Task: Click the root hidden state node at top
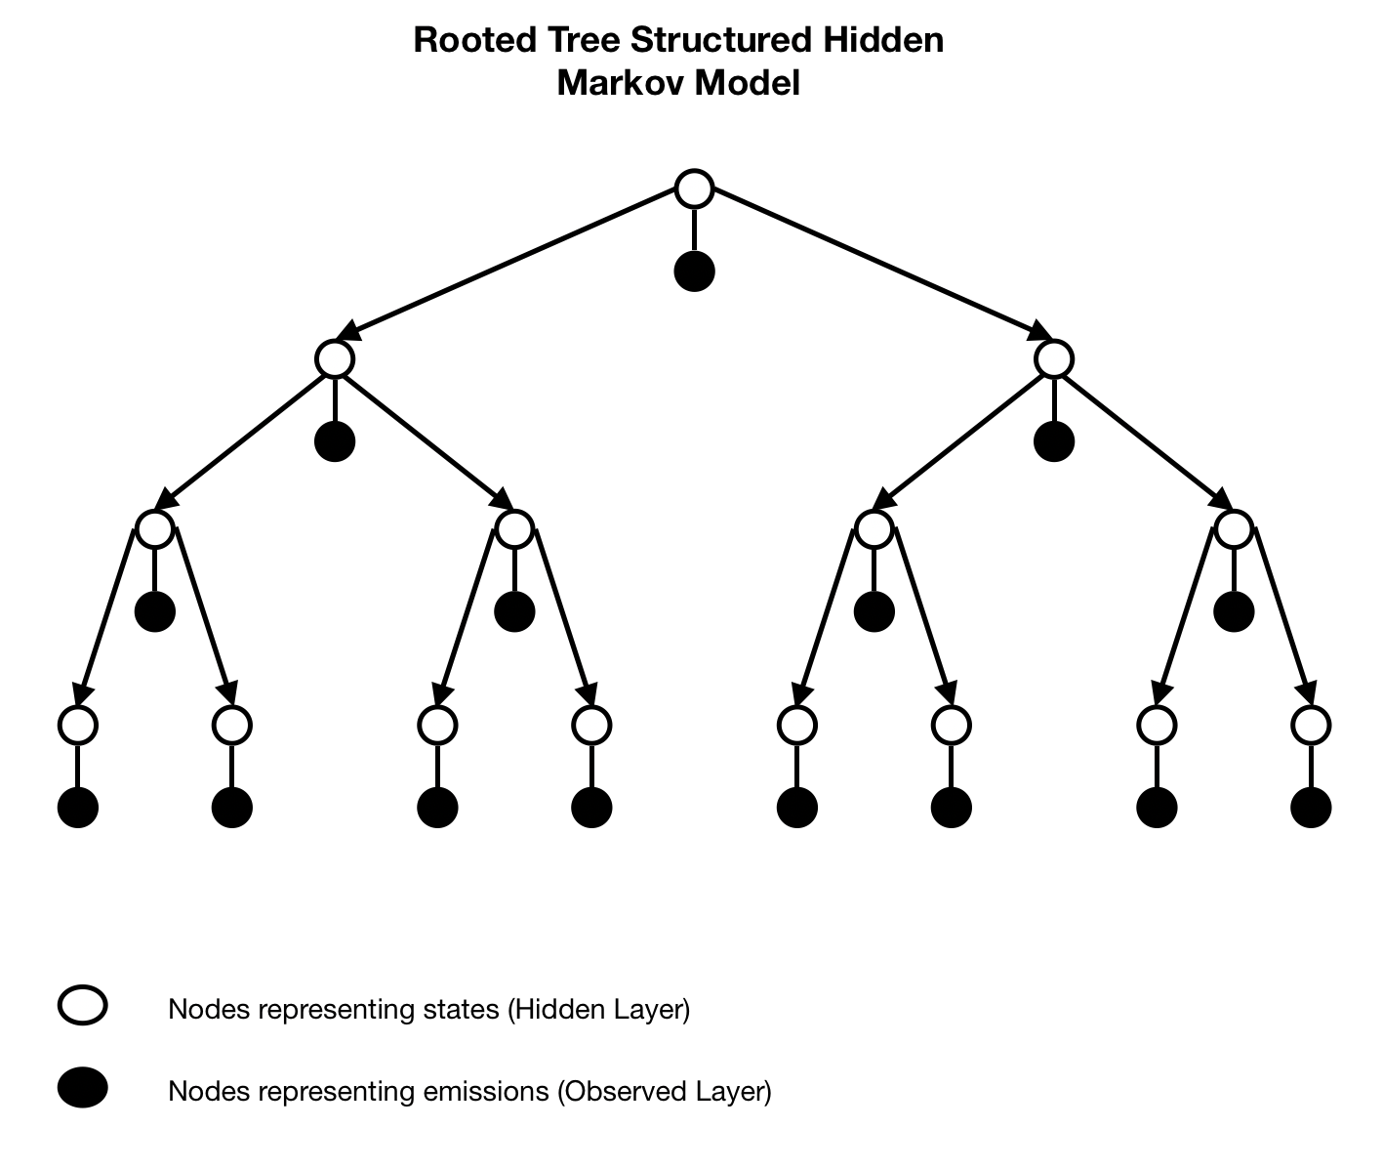(x=694, y=188)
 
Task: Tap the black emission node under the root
(x=694, y=272)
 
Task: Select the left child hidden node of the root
(x=335, y=359)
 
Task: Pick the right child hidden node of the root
(x=1054, y=359)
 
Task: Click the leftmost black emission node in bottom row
(x=78, y=808)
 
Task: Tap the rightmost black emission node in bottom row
(x=1311, y=808)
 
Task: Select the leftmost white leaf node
(x=78, y=726)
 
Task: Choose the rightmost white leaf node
(x=1311, y=726)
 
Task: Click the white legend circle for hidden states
(x=83, y=1006)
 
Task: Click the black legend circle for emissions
(x=83, y=1088)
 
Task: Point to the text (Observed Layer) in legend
(x=665, y=1091)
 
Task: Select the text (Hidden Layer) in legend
(x=598, y=1009)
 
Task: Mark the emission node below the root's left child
(x=335, y=441)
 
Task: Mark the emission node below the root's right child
(x=1054, y=441)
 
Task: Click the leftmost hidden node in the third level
(x=155, y=529)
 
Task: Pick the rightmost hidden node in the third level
(x=1234, y=529)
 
